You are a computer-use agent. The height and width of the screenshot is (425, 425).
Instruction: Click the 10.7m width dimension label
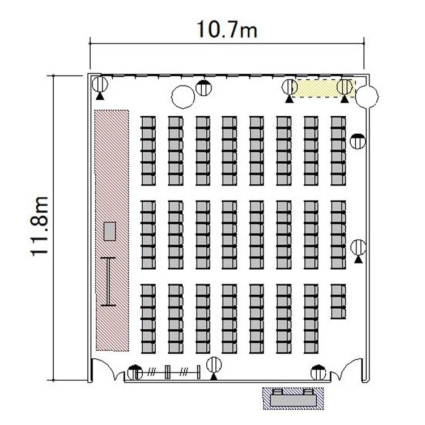[227, 29]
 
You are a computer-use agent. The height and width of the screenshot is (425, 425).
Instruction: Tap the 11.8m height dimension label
[39, 226]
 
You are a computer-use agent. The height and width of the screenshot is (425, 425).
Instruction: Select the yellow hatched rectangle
[324, 88]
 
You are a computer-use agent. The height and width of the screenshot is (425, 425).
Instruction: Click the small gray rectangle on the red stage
[110, 231]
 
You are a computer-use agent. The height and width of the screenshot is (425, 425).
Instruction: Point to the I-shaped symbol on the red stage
[108, 282]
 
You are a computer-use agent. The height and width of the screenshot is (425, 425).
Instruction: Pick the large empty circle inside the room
[183, 97]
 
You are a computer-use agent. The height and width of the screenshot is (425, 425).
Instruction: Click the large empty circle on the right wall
[367, 96]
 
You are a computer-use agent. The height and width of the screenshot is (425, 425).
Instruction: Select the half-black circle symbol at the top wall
[203, 88]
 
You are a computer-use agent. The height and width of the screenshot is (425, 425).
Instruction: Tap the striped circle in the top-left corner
[100, 84]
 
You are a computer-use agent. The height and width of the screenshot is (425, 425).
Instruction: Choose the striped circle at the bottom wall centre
[214, 365]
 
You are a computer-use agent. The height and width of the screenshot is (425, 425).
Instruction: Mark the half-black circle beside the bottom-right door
[318, 373]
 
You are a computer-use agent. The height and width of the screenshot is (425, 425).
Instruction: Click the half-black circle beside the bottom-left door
[135, 373]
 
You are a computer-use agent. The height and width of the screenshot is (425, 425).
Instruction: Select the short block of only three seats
[338, 301]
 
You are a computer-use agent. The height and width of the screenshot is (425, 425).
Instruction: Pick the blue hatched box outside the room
[294, 398]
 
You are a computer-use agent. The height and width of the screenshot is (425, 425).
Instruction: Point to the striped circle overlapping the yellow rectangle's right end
[345, 87]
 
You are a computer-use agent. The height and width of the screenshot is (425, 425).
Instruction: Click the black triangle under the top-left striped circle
[100, 96]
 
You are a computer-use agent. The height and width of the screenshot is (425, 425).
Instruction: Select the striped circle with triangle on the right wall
[358, 248]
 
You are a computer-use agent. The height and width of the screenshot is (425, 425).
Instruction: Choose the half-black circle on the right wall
[358, 141]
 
